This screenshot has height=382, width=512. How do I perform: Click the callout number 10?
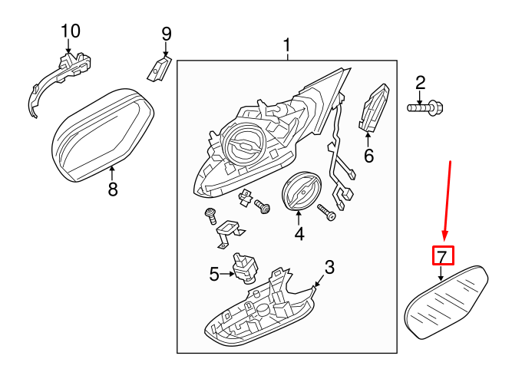[71, 31]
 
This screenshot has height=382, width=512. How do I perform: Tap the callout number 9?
[167, 34]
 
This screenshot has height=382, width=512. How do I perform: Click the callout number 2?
[420, 83]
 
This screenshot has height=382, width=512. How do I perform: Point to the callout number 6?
[368, 156]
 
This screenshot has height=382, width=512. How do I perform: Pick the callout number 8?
[113, 189]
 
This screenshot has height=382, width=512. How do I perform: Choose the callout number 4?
[299, 233]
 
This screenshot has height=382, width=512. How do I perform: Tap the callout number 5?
[214, 274]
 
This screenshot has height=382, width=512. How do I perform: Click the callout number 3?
[330, 267]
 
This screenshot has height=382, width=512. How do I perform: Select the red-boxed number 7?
[443, 255]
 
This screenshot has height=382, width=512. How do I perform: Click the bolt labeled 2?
[424, 107]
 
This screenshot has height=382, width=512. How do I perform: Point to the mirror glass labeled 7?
[446, 302]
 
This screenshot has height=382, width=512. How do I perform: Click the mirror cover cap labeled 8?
[103, 134]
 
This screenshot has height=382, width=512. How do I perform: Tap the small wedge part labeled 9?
[159, 68]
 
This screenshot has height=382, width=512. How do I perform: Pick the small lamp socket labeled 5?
[245, 268]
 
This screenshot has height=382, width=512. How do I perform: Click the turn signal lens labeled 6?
[374, 107]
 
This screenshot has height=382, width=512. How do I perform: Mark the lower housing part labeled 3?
[260, 314]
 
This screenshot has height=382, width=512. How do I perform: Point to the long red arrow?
[448, 201]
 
